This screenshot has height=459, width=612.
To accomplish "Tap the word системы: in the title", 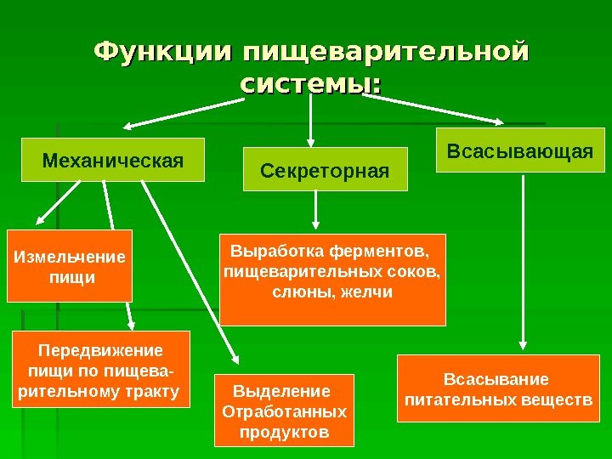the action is click(x=310, y=85).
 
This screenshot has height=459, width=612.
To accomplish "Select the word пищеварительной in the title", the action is click(x=384, y=53).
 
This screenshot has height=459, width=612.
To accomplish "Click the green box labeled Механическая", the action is click(x=113, y=160).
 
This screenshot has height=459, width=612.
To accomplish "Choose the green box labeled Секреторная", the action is click(x=325, y=168).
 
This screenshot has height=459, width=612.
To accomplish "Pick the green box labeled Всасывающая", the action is click(x=519, y=150).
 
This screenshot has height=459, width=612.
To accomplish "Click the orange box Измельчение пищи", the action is click(x=70, y=266).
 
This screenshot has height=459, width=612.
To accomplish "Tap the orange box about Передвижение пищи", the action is click(x=100, y=371).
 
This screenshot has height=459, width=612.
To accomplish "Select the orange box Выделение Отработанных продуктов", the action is click(x=283, y=411).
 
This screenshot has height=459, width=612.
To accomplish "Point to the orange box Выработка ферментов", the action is click(x=332, y=280).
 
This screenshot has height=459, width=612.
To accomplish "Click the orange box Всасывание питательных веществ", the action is click(x=498, y=389).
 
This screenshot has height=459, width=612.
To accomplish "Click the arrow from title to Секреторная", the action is click(x=311, y=119).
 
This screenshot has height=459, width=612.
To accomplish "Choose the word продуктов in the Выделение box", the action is click(x=283, y=432).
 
